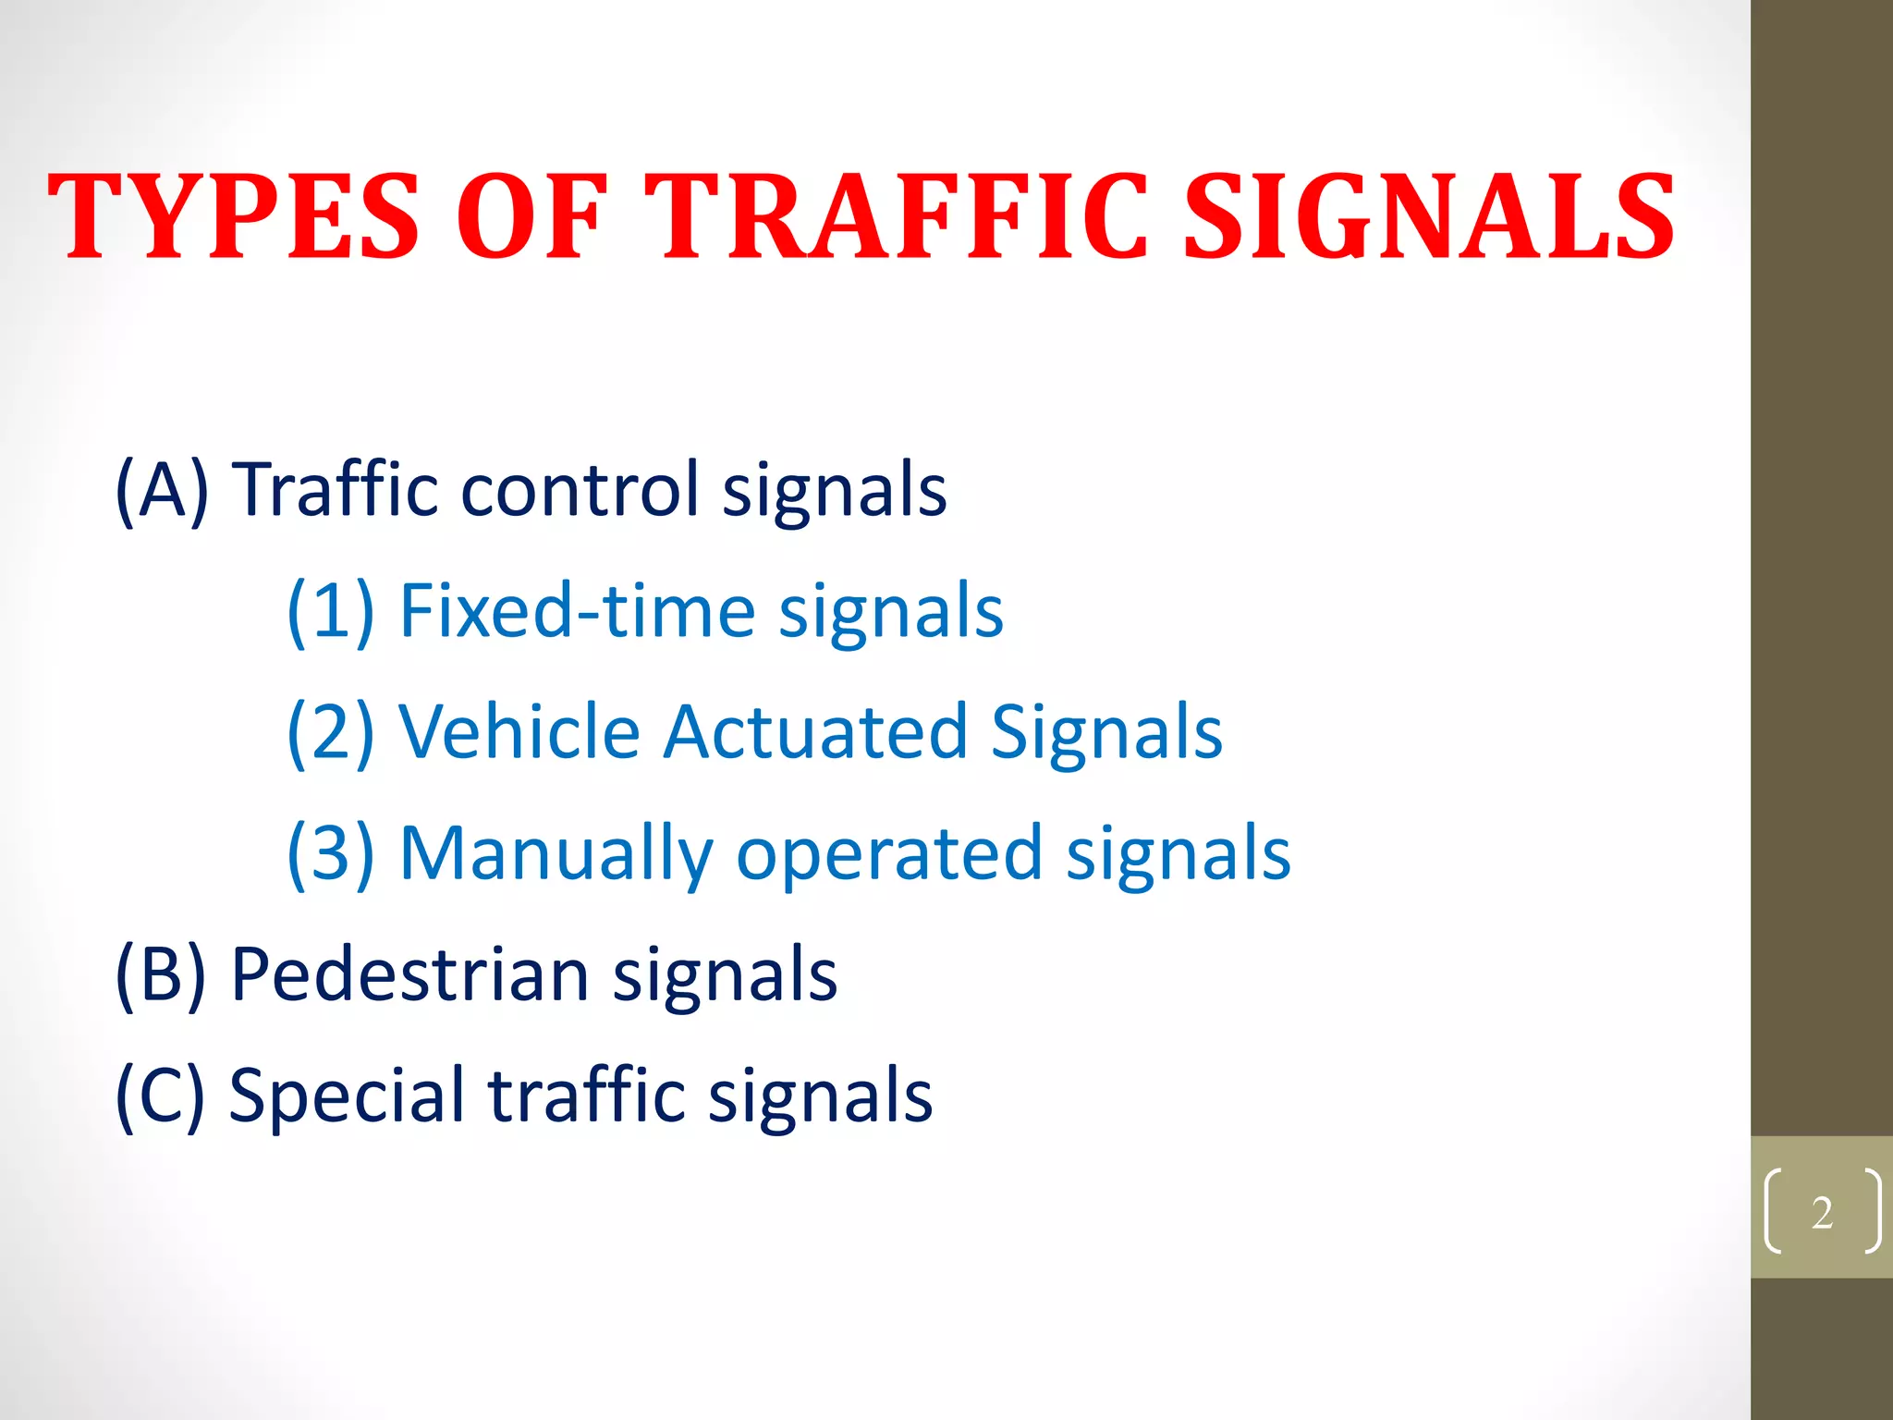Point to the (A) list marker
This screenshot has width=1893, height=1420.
click(163, 490)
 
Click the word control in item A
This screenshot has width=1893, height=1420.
click(580, 490)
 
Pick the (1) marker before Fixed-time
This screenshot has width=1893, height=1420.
click(331, 611)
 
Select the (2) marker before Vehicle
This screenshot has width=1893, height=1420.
click(331, 732)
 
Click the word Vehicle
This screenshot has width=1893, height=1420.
click(519, 732)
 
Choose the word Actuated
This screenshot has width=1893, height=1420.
click(815, 732)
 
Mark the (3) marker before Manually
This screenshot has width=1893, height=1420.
click(331, 853)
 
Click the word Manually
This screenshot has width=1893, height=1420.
click(556, 853)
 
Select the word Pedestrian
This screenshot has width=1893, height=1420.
click(409, 974)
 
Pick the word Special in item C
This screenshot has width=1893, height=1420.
click(346, 1096)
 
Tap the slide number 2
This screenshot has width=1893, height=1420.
click(1822, 1212)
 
